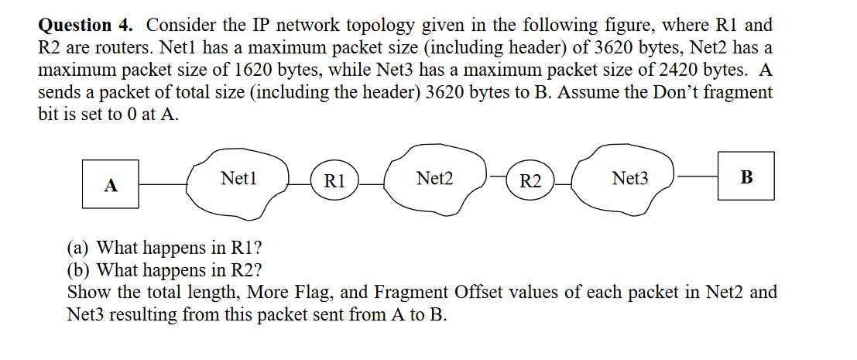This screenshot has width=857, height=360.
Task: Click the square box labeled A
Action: click(111, 185)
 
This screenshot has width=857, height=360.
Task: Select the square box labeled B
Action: click(746, 177)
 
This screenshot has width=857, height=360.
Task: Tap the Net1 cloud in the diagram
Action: click(238, 184)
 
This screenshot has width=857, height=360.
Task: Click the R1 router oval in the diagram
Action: click(334, 183)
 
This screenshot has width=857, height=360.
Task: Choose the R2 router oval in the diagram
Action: click(530, 183)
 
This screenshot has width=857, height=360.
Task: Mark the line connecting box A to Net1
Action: click(163, 184)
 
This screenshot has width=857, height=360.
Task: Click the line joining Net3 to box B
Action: click(696, 177)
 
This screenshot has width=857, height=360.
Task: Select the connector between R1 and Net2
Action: click(372, 183)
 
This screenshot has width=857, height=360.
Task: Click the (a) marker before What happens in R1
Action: click(78, 249)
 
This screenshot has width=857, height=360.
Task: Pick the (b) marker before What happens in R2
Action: click(78, 270)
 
